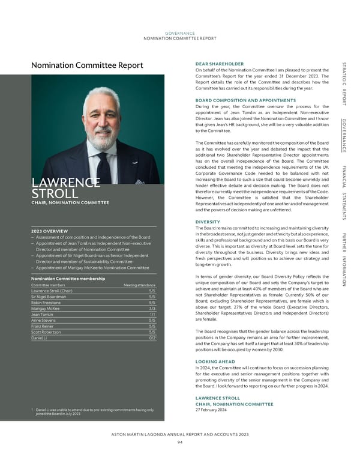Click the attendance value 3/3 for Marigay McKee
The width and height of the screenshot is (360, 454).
coord(152,309)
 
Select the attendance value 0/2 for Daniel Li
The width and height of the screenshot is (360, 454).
coord(152,338)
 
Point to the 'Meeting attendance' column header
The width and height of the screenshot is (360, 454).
coord(139,285)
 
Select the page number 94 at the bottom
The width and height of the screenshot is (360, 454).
coord(179,442)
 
